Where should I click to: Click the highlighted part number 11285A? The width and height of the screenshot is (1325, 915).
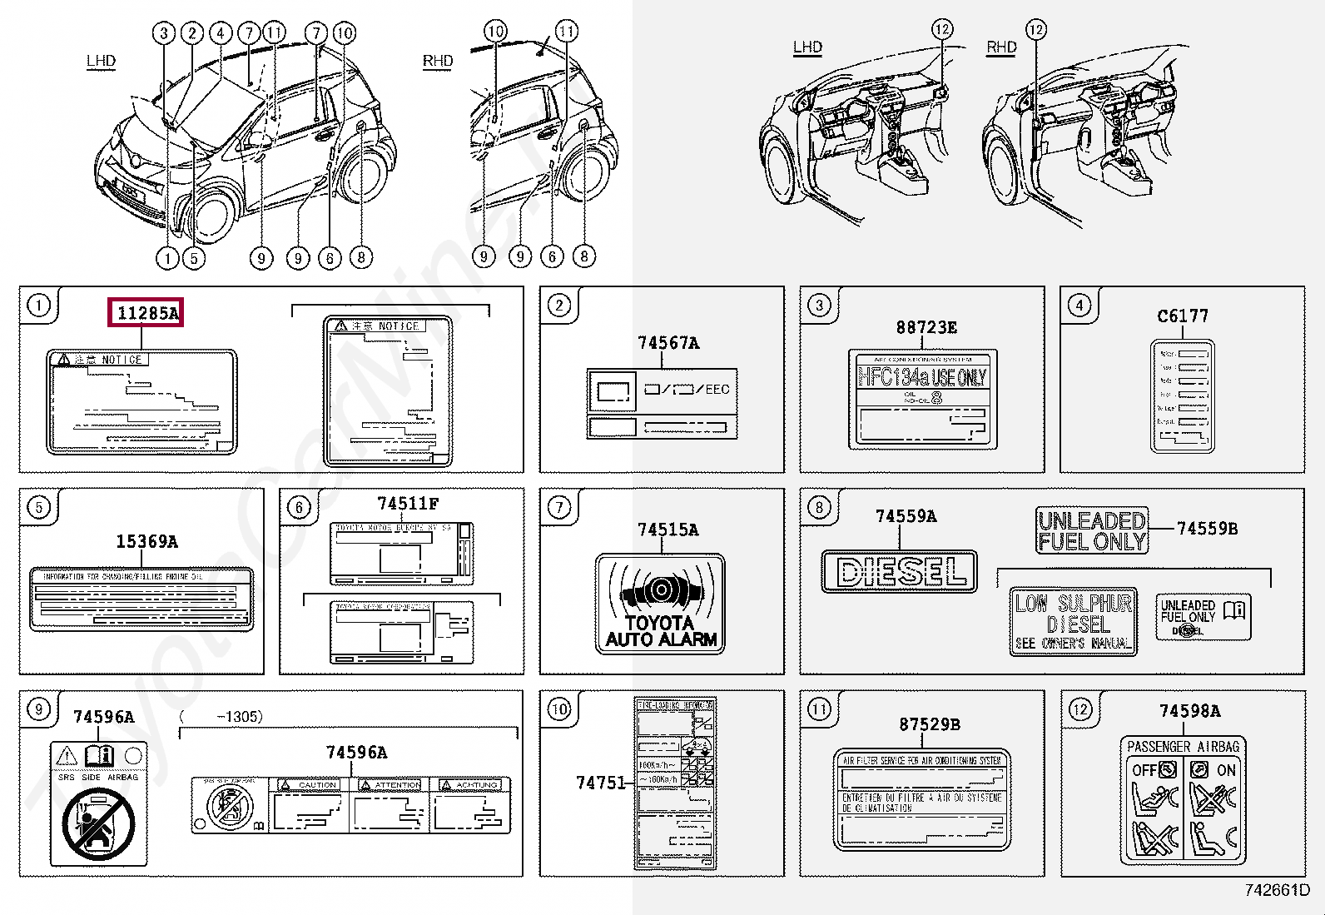(146, 313)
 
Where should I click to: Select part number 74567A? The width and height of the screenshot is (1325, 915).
(667, 343)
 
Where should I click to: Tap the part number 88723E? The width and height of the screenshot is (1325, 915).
(926, 328)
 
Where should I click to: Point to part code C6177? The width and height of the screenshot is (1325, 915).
(1182, 316)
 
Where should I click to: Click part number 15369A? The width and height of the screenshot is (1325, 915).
(146, 542)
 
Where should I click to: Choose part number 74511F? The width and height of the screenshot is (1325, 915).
(407, 504)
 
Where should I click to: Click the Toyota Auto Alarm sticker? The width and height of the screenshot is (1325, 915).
(661, 604)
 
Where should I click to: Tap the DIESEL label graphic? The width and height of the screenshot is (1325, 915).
(899, 571)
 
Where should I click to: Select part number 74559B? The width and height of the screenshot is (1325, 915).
(1207, 529)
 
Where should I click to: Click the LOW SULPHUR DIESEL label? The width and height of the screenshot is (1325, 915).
(1073, 622)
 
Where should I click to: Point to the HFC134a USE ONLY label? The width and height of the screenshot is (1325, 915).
(922, 378)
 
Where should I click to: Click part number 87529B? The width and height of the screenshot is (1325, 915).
(929, 724)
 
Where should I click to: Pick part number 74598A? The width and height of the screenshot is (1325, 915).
(1189, 711)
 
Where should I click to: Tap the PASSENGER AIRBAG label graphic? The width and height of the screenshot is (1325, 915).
(1183, 799)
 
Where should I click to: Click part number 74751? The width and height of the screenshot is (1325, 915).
(600, 783)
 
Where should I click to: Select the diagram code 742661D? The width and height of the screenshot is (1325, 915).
(1277, 890)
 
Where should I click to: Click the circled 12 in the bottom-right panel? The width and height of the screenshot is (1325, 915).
(1079, 709)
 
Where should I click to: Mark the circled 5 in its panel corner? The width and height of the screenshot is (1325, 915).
(39, 507)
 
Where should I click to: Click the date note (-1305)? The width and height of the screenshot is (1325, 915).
(222, 717)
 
